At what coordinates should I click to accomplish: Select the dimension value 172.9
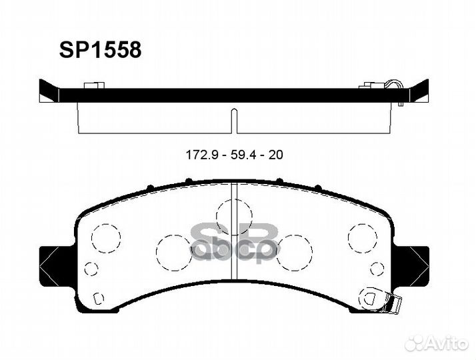click(201, 155)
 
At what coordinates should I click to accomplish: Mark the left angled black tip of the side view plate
click(47, 91)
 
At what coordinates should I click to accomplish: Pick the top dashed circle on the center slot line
click(233, 215)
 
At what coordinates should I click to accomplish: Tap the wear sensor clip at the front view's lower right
click(393, 303)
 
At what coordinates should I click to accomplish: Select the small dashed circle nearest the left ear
click(92, 269)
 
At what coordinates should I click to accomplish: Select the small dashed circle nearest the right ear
click(377, 269)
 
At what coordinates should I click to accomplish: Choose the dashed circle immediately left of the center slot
click(173, 252)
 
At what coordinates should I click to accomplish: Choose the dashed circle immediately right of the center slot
click(294, 252)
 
